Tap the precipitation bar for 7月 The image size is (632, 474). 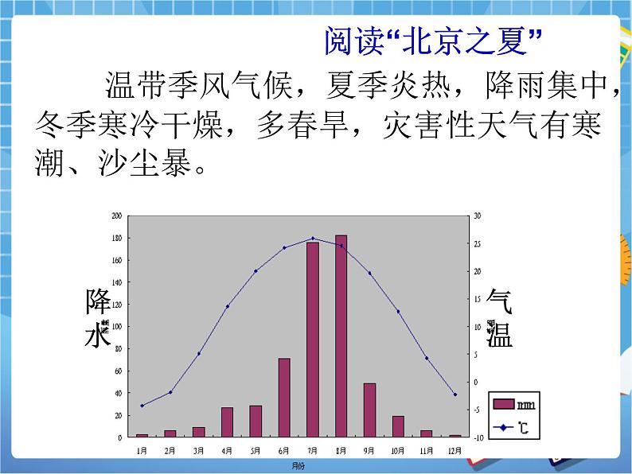(x=312, y=339)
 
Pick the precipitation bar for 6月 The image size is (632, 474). (x=284, y=397)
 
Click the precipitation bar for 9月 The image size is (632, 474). (x=369, y=410)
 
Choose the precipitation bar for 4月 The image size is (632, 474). (x=227, y=422)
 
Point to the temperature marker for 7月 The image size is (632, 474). (x=312, y=238)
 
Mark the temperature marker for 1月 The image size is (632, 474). (x=142, y=406)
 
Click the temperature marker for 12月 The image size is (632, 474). (x=455, y=394)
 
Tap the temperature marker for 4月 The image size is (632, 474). (x=227, y=306)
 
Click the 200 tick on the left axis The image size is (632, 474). (x=117, y=216)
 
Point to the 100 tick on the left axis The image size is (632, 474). (x=117, y=326)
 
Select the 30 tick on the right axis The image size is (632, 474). (x=478, y=216)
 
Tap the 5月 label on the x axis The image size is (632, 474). (x=256, y=450)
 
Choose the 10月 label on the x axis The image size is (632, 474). (x=397, y=450)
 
